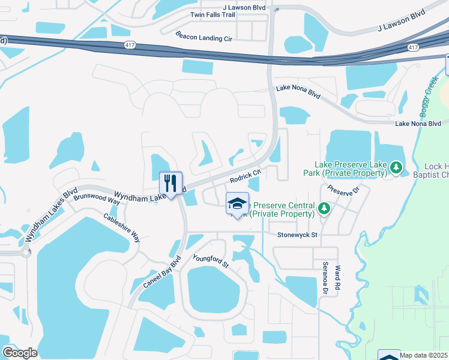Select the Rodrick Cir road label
coord(246,176)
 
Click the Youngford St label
coord(211,261)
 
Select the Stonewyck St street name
coord(297,236)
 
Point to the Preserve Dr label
coord(343,190)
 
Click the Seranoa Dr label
coord(325,280)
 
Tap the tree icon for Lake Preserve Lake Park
coord(396,166)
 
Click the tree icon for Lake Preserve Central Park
coord(324,208)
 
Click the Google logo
coord(20,353)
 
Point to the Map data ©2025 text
coord(424,355)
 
